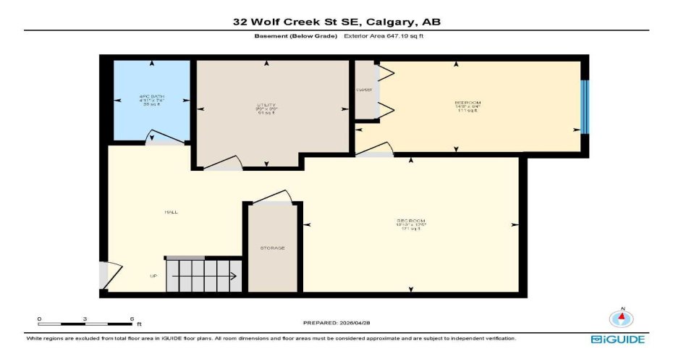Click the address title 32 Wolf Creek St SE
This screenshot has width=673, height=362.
(x=336, y=22)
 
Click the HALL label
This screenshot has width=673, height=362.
(x=172, y=212)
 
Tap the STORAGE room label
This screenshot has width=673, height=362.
(x=272, y=248)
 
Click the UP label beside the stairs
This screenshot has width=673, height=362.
(x=153, y=276)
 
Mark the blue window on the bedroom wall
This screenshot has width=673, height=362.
(x=585, y=107)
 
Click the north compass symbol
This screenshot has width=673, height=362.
(x=620, y=317)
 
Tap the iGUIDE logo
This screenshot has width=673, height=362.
(x=617, y=339)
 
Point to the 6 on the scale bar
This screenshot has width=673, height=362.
(x=131, y=319)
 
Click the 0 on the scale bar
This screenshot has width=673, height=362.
(x=39, y=319)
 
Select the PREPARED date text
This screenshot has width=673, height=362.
(x=336, y=322)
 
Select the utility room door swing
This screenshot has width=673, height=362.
(x=223, y=163)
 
